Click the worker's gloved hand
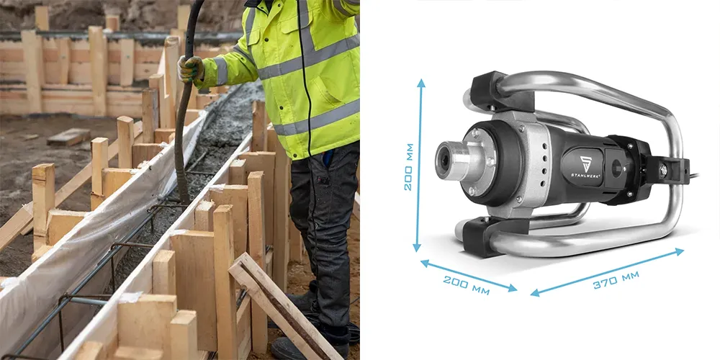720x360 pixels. click(x=190, y=69)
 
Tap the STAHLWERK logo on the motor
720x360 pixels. click(x=585, y=167)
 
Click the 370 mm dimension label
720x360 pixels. click(x=616, y=279)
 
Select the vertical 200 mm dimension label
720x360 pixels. click(x=408, y=167)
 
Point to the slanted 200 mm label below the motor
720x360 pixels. click(x=466, y=284)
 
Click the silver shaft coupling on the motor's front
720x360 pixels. click(x=454, y=160)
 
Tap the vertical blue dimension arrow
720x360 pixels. click(x=419, y=166)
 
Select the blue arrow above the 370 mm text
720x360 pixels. click(x=607, y=272)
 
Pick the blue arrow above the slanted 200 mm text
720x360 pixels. click(x=469, y=276)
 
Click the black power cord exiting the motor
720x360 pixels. click(x=693, y=176)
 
